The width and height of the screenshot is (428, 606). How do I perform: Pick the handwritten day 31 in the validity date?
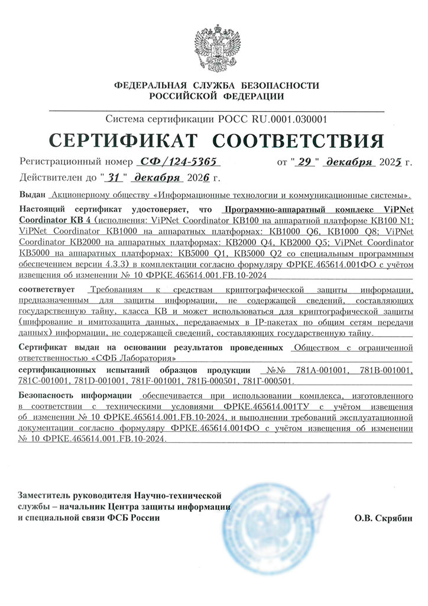[x=114, y=177]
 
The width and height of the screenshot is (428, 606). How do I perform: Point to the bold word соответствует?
[x=47, y=290]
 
